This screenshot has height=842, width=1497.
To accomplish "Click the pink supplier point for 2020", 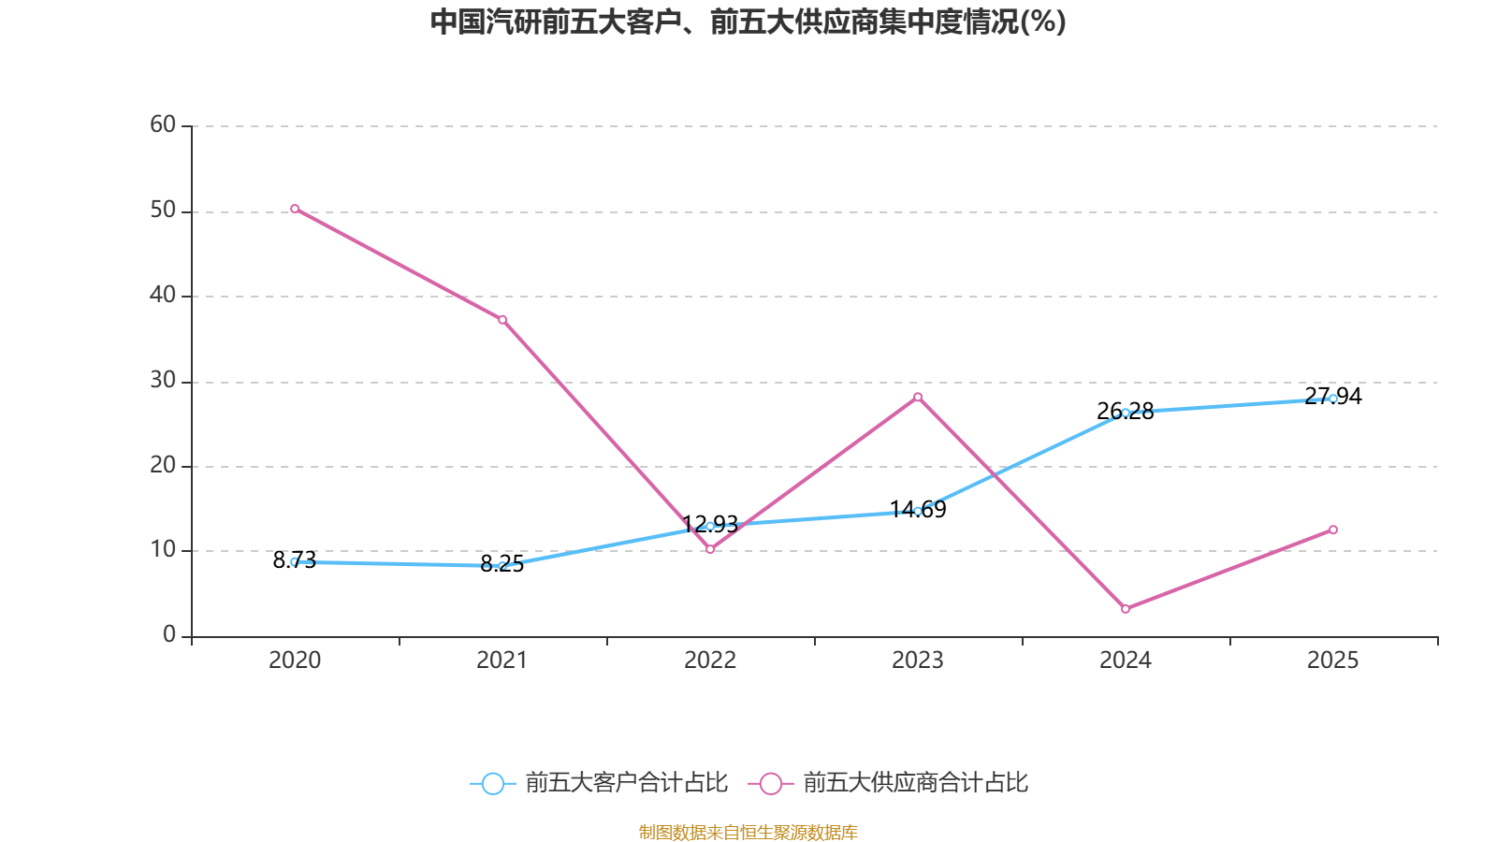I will (295, 209).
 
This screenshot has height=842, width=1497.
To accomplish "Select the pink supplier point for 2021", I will (502, 320).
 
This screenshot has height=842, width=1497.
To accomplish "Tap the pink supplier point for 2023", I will (918, 397).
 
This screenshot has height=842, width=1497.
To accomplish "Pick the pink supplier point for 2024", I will (1126, 609).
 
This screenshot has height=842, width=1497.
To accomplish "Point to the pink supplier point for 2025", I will (1333, 530).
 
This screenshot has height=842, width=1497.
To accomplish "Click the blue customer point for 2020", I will (295, 561).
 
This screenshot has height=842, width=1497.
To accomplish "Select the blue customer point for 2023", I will (918, 511).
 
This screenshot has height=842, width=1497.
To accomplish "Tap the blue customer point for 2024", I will (1126, 413).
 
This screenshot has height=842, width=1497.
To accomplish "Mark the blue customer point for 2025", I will (1333, 399).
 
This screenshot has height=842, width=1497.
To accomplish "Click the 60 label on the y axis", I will (163, 124).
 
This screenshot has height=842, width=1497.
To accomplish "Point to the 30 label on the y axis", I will (163, 380).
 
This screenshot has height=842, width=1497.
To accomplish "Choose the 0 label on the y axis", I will (169, 634).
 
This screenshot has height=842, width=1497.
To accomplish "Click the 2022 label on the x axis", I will (710, 661).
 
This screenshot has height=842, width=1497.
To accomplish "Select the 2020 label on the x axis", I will (295, 661).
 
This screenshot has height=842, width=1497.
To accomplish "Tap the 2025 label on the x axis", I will (1333, 661).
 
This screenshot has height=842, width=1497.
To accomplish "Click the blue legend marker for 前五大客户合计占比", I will (492, 783).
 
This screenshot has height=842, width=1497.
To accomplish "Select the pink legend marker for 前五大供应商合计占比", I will (770, 783).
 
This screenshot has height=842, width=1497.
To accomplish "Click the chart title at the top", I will (748, 22).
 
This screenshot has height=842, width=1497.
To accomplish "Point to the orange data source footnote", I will (748, 832).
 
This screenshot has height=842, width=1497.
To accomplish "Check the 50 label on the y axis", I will (163, 210).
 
